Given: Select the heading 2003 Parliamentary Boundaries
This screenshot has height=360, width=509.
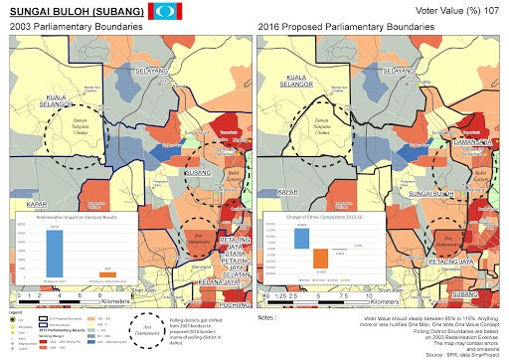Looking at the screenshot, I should pos(66,30).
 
